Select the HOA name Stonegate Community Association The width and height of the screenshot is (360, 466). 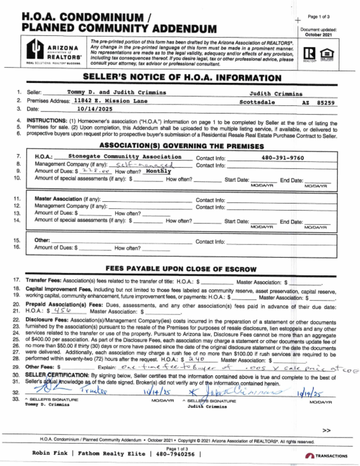125,157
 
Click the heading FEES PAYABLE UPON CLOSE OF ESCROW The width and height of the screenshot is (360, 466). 181,269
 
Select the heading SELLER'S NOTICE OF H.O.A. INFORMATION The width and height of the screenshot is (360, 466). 182,78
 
